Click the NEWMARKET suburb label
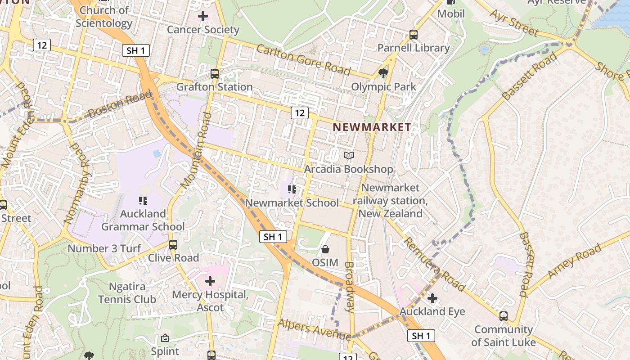(372, 127)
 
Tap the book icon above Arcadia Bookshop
(349, 156)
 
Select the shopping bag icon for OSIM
(325, 249)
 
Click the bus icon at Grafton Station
(215, 73)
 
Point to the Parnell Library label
(413, 48)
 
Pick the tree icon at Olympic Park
(383, 73)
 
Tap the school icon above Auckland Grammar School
(143, 201)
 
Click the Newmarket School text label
(292, 203)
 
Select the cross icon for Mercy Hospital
(210, 282)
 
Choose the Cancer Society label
(203, 30)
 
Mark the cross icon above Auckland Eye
(432, 298)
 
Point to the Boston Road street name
(120, 105)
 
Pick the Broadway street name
(349, 287)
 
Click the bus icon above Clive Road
(173, 245)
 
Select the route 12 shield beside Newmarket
(299, 113)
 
